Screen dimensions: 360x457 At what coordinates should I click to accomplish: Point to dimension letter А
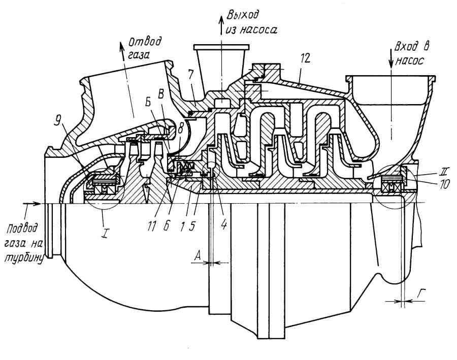click(x=199, y=257)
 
